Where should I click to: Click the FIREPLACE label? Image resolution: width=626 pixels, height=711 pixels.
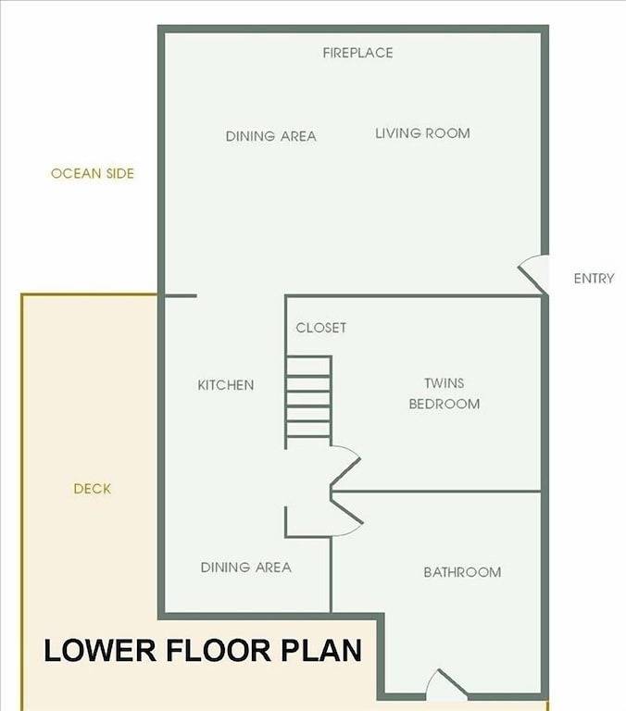tap(357, 53)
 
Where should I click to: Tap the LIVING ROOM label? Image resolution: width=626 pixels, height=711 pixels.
tap(422, 133)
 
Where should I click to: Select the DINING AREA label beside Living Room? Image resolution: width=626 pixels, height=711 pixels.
tap(270, 136)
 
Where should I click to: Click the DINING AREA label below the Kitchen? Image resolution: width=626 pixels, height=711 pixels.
tap(245, 568)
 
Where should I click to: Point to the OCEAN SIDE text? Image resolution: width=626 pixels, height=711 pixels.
tap(92, 173)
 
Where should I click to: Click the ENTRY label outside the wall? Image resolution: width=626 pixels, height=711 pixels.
tap(594, 278)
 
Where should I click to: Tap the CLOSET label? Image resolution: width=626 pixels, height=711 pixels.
tap(320, 328)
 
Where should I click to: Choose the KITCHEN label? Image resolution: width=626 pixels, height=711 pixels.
tap(225, 385)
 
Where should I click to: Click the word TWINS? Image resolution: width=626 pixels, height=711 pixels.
tap(444, 382)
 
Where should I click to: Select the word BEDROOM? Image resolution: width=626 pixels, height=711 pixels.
tap(444, 405)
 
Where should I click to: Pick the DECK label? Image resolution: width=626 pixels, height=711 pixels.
tap(93, 489)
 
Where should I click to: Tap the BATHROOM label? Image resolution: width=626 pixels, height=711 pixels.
tap(462, 572)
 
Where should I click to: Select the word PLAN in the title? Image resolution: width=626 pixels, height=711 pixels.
tap(323, 650)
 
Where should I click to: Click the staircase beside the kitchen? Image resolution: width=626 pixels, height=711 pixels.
tap(308, 399)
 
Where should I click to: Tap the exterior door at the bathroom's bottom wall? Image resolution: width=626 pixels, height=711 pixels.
tap(445, 685)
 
